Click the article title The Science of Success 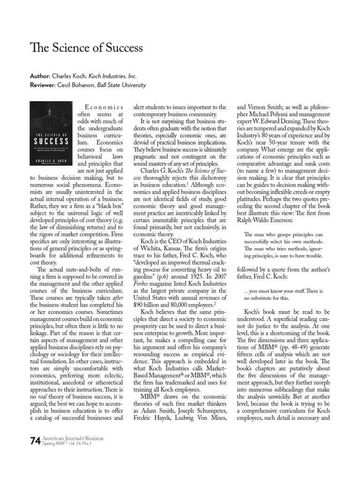click(87, 48)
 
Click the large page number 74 click(35, 441)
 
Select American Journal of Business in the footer click(73, 438)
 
